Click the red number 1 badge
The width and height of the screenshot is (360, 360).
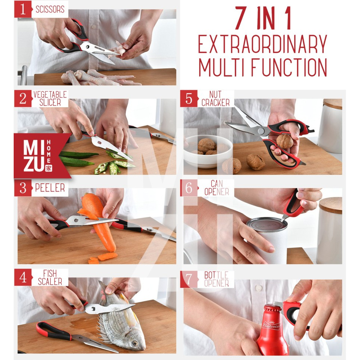(x=23, y=9)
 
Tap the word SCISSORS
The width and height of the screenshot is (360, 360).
(x=50, y=9)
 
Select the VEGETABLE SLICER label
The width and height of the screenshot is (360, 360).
(x=50, y=98)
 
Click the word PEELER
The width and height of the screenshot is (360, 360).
(x=50, y=188)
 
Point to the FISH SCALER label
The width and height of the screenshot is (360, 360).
(x=50, y=277)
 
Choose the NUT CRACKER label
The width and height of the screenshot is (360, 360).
(x=215, y=98)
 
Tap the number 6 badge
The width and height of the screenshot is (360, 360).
(x=189, y=188)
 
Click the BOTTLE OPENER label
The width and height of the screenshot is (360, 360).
(x=216, y=279)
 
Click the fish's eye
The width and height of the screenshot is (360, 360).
(x=135, y=343)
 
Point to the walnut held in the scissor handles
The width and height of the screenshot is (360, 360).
(x=285, y=142)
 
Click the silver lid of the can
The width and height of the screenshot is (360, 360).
(x=267, y=224)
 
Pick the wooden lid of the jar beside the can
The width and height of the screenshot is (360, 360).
(x=330, y=205)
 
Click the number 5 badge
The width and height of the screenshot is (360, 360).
(x=189, y=98)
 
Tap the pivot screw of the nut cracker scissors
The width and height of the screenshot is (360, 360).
(x=261, y=131)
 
